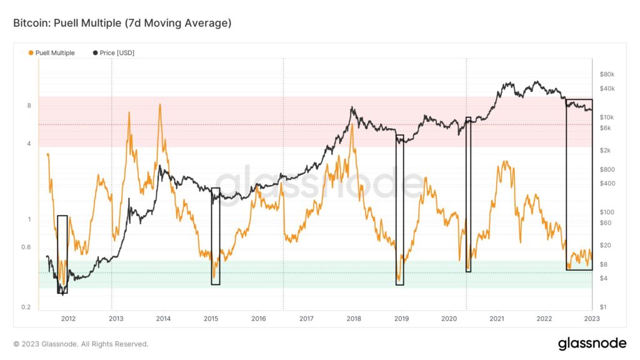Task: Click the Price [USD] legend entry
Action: (x=117, y=53)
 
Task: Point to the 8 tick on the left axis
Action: (x=29, y=106)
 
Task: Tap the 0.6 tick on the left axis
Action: (x=27, y=247)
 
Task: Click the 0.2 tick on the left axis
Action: (x=27, y=307)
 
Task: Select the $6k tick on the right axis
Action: (x=605, y=128)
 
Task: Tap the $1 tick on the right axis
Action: (x=602, y=307)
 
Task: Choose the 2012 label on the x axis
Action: (x=68, y=319)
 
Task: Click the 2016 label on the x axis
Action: (x=259, y=319)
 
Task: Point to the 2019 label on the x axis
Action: (x=401, y=319)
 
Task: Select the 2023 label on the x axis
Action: (x=591, y=319)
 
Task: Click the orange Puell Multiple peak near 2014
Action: (x=160, y=104)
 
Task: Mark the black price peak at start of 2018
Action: (x=352, y=107)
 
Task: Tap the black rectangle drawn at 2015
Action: (x=216, y=236)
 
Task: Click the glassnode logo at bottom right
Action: (x=592, y=344)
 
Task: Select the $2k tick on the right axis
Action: (x=605, y=151)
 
